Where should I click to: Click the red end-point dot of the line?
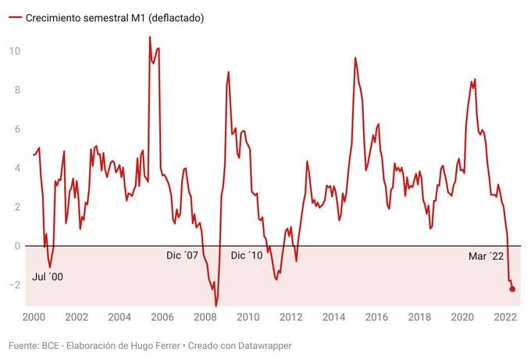[512, 289]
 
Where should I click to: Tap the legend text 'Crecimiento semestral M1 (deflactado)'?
[115, 17]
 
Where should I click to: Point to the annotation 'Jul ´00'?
[48, 276]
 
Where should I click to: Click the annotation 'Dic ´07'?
[183, 255]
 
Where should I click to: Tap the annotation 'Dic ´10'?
[248, 255]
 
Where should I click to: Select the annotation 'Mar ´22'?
[486, 255]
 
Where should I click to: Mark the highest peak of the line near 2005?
[150, 37]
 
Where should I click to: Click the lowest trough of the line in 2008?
[216, 305]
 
